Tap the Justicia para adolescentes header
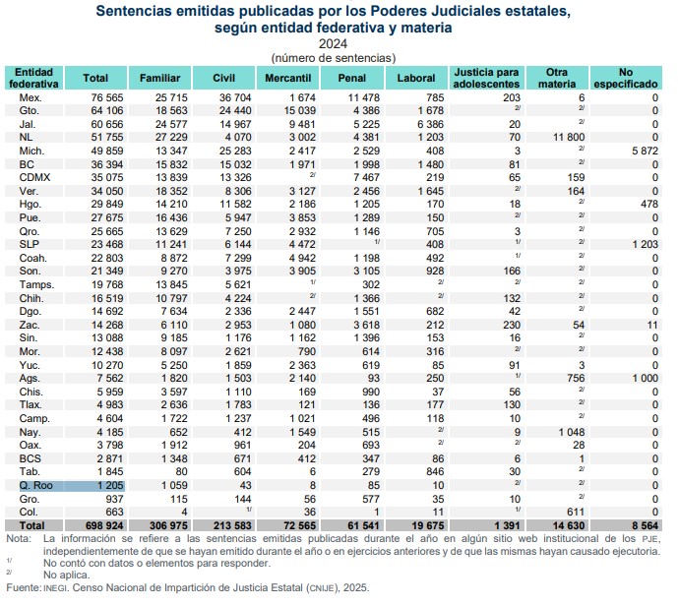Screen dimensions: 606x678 [x=483, y=77]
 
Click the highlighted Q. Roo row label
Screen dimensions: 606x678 [x=34, y=485]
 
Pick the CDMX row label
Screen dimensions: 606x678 [x=34, y=176]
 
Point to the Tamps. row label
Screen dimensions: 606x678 [x=34, y=285]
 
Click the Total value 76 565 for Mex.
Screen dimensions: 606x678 [x=90, y=98]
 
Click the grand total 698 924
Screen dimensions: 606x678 [x=88, y=526]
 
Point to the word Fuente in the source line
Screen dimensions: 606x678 [x=23, y=588]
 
